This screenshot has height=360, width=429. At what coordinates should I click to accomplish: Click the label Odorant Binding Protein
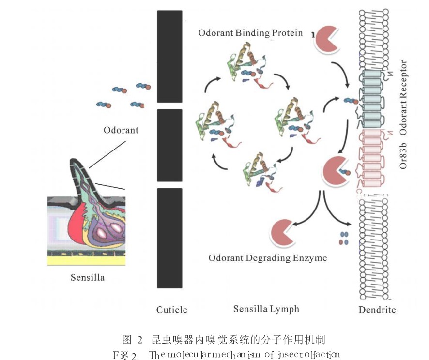pyautogui.click(x=250, y=33)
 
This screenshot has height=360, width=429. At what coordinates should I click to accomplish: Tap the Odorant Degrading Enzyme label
pyautogui.click(x=267, y=258)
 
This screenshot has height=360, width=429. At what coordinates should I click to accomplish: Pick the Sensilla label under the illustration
pyautogui.click(x=87, y=278)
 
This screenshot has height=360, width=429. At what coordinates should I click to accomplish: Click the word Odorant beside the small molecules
pyautogui.click(x=121, y=130)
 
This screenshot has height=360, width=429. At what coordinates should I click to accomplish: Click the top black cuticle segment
pyautogui.click(x=169, y=56)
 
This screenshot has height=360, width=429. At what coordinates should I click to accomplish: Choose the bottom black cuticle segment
pyautogui.click(x=169, y=237)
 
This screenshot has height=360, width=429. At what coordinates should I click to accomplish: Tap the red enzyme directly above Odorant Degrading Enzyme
pyautogui.click(x=284, y=232)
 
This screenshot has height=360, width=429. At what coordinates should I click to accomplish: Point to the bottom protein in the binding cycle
pyautogui.click(x=260, y=172)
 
